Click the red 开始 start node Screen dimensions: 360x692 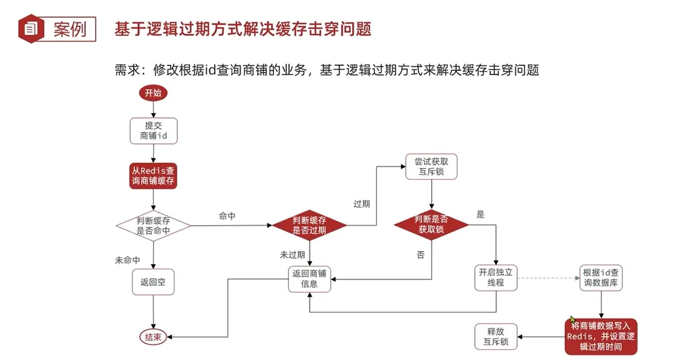click(153, 93)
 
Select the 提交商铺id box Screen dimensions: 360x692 click(153, 131)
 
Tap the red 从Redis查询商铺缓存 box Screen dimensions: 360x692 click(153, 175)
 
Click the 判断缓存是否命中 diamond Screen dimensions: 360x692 click(153, 225)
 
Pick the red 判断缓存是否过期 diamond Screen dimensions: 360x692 click(309, 225)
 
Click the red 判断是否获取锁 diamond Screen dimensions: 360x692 click(431, 225)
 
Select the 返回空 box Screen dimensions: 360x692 click(153, 282)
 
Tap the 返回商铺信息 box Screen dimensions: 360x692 click(309, 278)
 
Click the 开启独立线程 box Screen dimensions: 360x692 click(495, 278)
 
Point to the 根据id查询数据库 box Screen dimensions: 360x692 click(601, 278)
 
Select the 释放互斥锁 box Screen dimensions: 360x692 click(495, 336)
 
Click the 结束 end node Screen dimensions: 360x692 click(152, 338)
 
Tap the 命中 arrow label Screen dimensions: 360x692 click(227, 216)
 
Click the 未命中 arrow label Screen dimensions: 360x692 click(128, 260)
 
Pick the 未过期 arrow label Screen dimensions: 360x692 click(292, 255)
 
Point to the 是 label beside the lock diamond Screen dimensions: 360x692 click(481, 214)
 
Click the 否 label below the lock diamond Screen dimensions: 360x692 click(420, 255)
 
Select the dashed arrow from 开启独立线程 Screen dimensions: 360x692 click(547, 278)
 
